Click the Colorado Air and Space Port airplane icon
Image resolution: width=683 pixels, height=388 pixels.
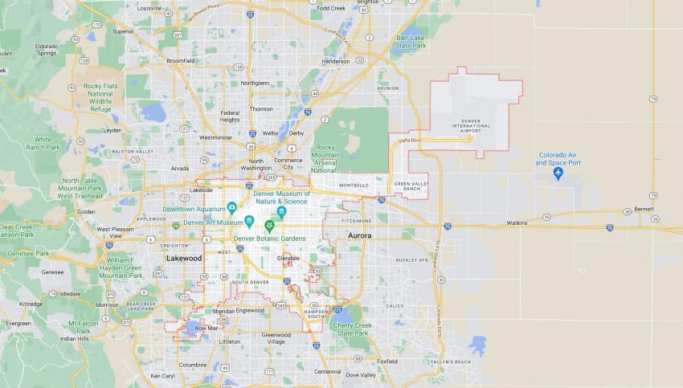[558, 174]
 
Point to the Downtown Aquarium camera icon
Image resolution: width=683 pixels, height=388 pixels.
[231, 206]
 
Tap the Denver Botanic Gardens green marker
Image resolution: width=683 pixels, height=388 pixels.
[269, 226]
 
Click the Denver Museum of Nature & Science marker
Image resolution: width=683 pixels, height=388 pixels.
[281, 211]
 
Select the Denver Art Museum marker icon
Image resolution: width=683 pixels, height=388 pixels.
[249, 221]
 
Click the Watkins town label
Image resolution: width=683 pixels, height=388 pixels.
[517, 223]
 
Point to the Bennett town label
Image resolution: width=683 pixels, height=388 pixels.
[644, 209]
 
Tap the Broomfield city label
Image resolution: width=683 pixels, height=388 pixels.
[180, 59]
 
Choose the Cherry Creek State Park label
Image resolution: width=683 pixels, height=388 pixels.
[354, 329]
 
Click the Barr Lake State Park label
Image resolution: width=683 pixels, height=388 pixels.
[411, 41]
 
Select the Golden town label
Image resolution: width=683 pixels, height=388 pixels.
[85, 211]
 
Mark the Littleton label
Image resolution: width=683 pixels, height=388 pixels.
[230, 341]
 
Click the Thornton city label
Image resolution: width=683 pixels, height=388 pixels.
[261, 108]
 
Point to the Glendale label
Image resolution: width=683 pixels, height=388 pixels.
[288, 258]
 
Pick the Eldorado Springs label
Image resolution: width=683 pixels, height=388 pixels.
[47, 50]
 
